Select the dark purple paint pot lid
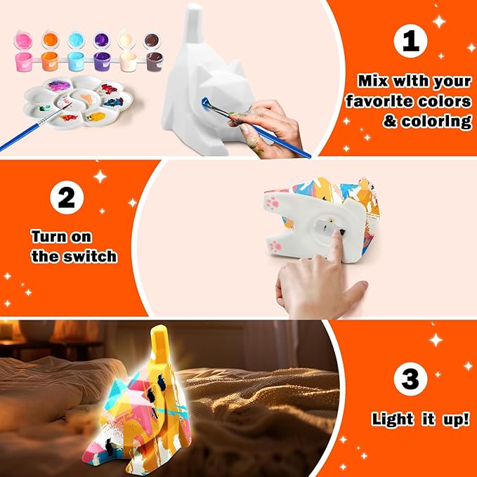tap(102, 39)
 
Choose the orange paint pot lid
tap(49, 39)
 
